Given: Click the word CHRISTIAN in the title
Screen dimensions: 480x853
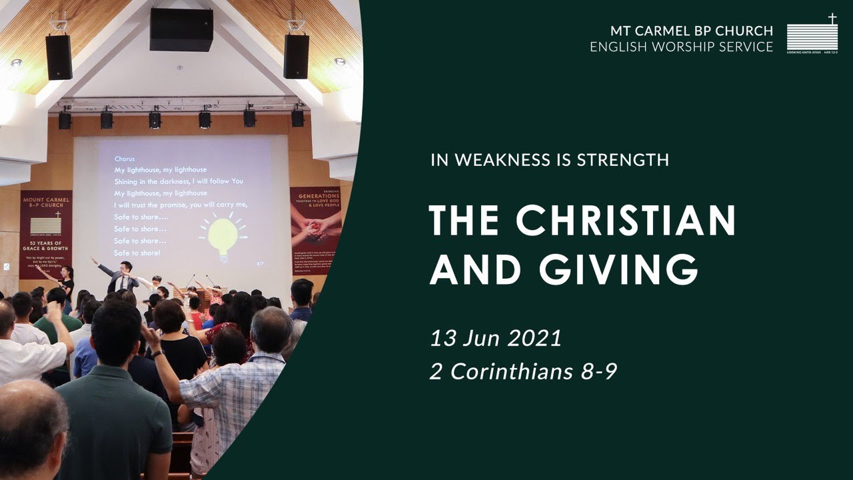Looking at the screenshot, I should (x=626, y=219).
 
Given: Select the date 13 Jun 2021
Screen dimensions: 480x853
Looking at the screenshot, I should (x=496, y=337).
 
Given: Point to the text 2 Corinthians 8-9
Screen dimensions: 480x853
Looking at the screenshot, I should (x=524, y=371).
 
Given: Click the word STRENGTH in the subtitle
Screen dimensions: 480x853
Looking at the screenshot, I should (x=622, y=160).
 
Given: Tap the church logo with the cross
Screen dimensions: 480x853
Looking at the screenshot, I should (x=812, y=33).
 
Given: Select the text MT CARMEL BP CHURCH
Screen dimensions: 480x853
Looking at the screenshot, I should (x=692, y=31).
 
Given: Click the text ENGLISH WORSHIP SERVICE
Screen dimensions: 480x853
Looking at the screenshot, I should (x=681, y=47).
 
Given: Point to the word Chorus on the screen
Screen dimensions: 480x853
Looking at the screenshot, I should (x=125, y=159).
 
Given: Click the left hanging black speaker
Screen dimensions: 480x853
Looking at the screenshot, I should (x=59, y=57).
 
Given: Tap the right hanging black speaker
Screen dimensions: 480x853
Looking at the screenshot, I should (x=296, y=56).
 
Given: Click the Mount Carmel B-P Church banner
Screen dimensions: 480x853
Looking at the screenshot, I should (x=46, y=233).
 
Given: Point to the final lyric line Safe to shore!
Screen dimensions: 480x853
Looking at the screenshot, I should (x=137, y=253).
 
